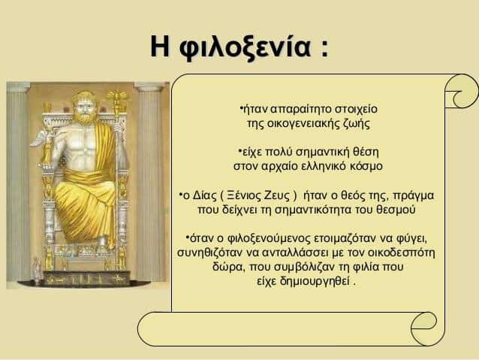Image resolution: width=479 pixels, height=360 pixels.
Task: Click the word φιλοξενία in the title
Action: point(245,47)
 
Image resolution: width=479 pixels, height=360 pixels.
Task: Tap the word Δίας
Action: point(204,195)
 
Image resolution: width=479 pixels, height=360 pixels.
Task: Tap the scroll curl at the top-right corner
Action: point(462,91)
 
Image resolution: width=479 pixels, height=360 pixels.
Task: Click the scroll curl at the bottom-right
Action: point(424,328)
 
